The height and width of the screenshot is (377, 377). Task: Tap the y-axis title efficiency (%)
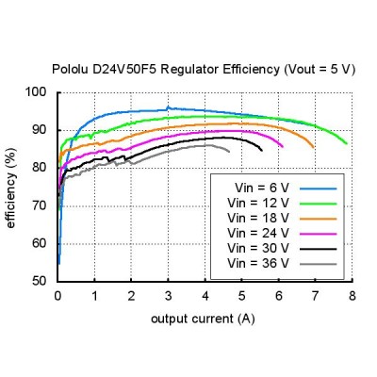coord(10,188)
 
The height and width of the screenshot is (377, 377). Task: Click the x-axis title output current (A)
coord(203,319)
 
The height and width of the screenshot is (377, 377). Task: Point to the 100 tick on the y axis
coord(36,92)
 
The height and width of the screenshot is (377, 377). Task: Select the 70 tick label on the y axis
coord(40,205)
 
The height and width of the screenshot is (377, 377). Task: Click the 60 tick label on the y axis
coord(40,243)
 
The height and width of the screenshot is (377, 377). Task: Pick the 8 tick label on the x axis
coord(352,296)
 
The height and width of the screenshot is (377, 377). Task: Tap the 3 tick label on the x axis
coord(168,296)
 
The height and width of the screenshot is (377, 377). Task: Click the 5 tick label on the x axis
coord(241,296)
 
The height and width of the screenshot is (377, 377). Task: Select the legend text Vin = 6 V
coord(261,188)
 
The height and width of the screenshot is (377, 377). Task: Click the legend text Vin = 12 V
coord(258,204)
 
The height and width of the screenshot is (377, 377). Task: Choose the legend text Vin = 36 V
coord(258,263)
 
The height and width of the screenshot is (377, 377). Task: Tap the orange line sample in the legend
coord(318,219)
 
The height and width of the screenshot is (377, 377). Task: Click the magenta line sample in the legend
coord(318,234)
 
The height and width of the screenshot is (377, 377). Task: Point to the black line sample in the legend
coord(318,249)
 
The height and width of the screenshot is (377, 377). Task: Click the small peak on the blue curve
coord(168,107)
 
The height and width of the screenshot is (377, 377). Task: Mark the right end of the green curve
coord(347,143)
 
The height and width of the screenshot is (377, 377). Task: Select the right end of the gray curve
coord(229,152)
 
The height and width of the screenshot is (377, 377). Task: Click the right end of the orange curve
coord(313,147)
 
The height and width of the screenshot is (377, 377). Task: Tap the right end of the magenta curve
coord(283,146)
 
